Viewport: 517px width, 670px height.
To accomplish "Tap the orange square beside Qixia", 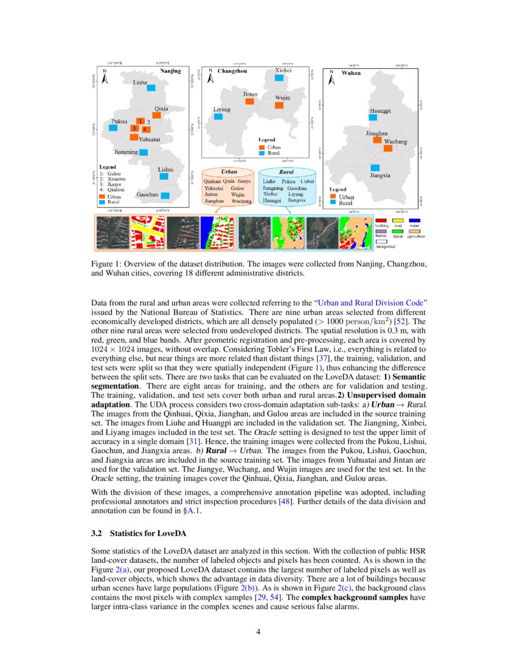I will click(156, 115).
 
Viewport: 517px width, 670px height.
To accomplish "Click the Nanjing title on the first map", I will click(170, 71).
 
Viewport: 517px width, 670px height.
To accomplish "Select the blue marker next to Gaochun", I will click(165, 196).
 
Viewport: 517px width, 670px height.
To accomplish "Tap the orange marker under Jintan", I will click(249, 102).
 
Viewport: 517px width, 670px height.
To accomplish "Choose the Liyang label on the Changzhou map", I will click(221, 110).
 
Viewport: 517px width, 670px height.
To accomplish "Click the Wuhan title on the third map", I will click(351, 72).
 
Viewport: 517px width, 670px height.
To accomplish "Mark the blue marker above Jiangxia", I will click(375, 167).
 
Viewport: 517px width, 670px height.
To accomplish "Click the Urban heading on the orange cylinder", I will click(229, 172).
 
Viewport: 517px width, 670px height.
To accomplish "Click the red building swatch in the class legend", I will click(381, 220).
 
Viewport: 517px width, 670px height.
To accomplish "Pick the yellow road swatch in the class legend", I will click(398, 220).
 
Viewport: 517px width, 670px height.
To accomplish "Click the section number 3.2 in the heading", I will click(96, 533).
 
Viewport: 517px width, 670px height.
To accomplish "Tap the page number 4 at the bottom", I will click(258, 631).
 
